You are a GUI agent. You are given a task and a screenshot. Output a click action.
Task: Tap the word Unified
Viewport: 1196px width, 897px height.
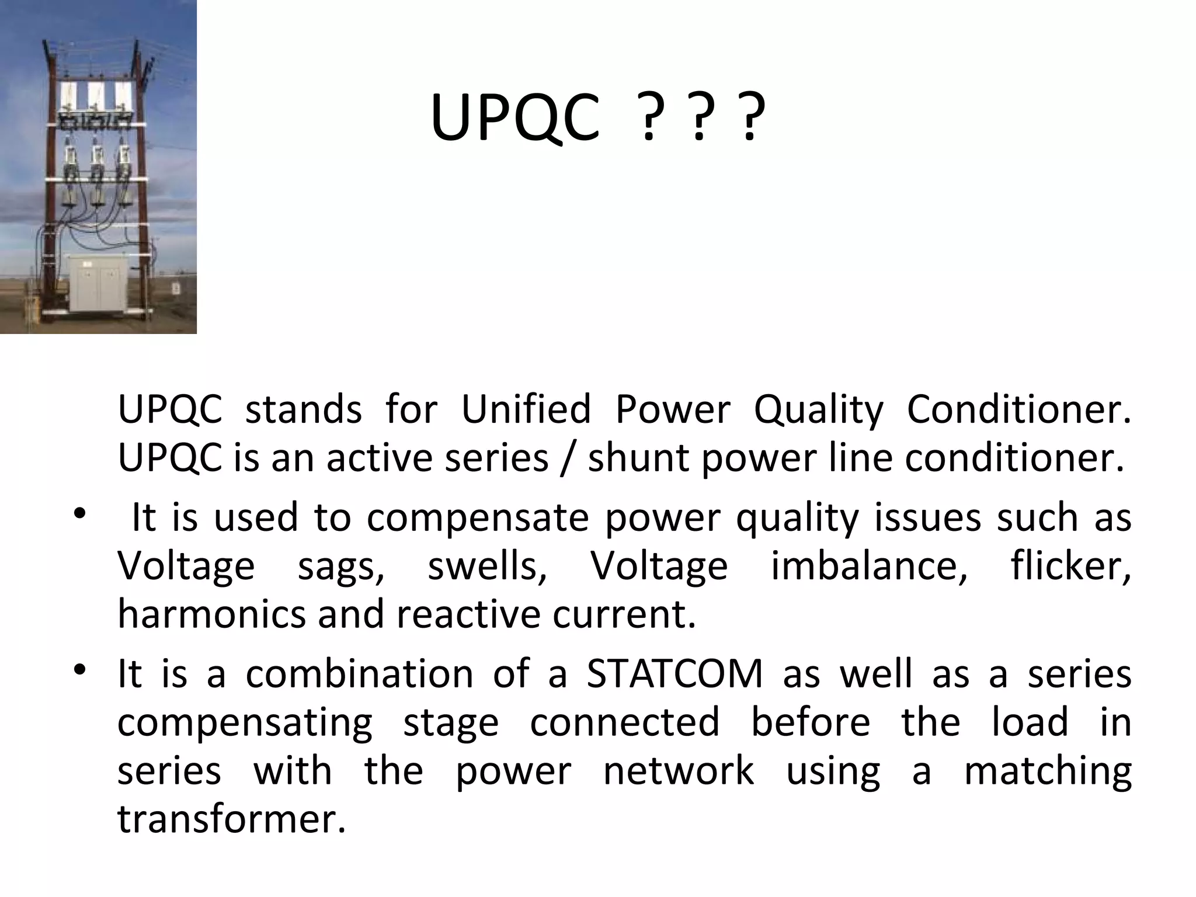[526, 409]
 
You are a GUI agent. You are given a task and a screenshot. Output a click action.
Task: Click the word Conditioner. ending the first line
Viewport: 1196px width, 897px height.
[1018, 409]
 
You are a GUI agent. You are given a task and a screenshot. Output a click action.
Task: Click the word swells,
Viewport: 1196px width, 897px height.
[488, 566]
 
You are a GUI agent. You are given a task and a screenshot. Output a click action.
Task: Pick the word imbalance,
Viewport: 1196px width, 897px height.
[870, 566]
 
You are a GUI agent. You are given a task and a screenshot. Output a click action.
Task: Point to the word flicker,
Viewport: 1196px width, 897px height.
[1070, 566]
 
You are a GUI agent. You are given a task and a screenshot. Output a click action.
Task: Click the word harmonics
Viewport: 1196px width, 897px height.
[211, 614]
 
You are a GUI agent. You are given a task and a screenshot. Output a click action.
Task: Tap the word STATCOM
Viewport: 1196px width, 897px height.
[675, 674]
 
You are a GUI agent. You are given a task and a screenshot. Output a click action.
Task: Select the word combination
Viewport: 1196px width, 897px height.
[359, 674]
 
